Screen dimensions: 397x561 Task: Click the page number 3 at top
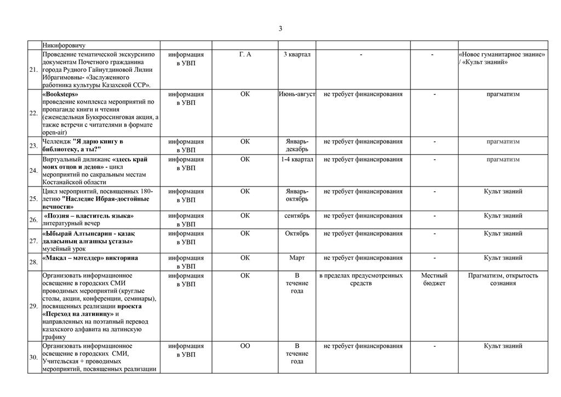280,29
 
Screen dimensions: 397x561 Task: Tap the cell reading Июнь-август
297,94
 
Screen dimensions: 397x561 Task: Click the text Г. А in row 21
245,55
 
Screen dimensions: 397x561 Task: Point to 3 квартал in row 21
297,55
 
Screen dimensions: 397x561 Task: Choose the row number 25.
34,198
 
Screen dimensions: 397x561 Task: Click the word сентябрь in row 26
297,216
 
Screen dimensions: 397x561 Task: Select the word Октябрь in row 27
297,234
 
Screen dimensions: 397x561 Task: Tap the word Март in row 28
297,258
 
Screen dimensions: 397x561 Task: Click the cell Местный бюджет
434,279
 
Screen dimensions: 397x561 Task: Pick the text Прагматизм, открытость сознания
503,279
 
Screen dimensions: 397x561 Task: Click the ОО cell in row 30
245,346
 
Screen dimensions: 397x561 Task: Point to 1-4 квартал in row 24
297,160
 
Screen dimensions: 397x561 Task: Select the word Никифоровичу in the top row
64,45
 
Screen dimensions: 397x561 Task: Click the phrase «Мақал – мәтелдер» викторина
90,258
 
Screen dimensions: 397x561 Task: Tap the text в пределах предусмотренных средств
360,279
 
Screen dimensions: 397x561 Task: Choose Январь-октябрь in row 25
297,195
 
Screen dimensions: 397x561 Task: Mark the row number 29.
34,305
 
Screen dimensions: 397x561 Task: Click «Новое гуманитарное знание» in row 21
502,55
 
